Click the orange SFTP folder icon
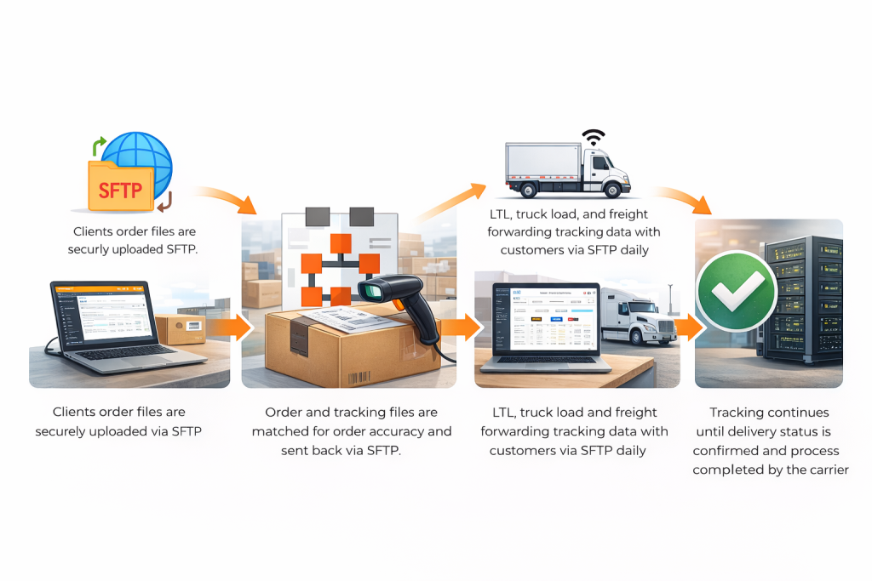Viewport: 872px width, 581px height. (120, 187)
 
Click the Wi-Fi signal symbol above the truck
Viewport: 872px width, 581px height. (593, 137)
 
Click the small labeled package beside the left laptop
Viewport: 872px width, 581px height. (181, 328)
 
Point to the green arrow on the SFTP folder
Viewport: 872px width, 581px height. (100, 145)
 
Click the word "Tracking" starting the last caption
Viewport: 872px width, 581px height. (739, 413)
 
